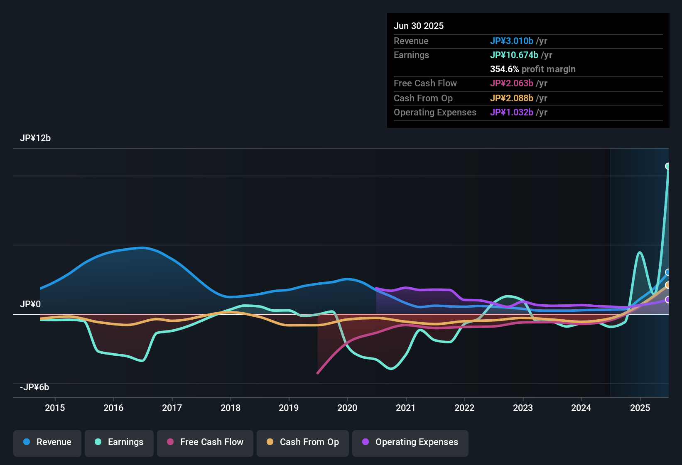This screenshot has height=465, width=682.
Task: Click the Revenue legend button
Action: coord(47,442)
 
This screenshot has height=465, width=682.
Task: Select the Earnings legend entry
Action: coord(119,442)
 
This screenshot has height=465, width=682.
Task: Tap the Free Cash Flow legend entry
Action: coord(205,442)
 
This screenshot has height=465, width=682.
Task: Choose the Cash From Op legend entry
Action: coord(303,442)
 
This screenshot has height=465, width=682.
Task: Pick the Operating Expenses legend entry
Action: coord(410,442)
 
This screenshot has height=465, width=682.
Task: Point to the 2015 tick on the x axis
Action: coord(55,408)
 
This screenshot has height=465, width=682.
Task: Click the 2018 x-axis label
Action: coord(231,408)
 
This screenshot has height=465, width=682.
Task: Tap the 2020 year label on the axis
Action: coord(347,408)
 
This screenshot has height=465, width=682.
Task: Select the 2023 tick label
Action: coord(523,408)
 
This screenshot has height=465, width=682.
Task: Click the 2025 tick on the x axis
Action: coord(640,408)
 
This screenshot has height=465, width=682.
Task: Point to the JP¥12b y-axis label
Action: coord(35,138)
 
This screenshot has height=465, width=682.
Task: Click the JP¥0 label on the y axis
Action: coord(30,304)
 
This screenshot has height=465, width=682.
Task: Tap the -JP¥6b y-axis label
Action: coord(34,387)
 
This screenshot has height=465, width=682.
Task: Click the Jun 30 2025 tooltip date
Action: coord(419,26)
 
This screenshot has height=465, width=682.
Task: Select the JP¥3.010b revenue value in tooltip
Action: coord(512,41)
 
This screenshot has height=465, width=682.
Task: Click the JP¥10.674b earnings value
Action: coord(514,55)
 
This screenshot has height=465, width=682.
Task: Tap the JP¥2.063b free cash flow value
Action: coord(512,83)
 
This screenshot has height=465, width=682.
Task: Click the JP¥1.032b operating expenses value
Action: coord(512,113)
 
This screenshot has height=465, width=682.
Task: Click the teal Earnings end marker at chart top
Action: coord(668,166)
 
